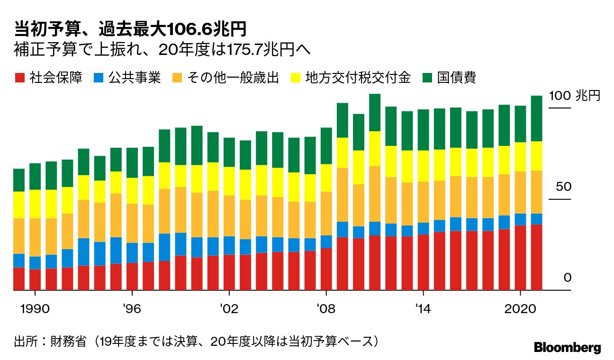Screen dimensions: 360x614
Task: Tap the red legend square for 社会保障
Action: coord(19,78)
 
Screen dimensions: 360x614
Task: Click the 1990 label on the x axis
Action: coord(35,308)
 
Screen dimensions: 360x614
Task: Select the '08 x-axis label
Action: coord(326,308)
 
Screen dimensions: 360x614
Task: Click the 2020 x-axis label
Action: coord(521,308)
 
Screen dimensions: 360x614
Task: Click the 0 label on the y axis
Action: coord(567,278)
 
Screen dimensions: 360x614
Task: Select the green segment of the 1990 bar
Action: coord(35,176)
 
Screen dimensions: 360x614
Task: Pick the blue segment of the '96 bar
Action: coord(132,252)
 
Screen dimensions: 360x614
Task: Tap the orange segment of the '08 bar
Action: coord(326,213)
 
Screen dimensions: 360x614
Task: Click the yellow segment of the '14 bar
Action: coord(424,166)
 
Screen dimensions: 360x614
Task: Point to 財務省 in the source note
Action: coord(68,342)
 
